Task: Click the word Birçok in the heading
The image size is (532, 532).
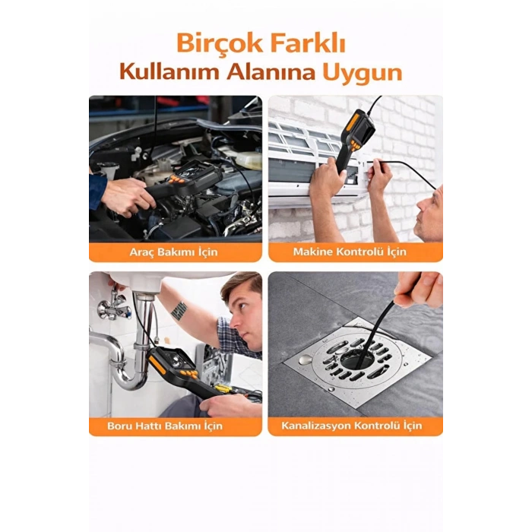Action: point(220,43)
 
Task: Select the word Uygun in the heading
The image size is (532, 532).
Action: point(362,73)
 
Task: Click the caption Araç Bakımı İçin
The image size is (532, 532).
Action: point(174,252)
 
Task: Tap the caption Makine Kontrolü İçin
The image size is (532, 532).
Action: point(350,252)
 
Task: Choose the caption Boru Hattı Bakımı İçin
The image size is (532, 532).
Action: point(165,426)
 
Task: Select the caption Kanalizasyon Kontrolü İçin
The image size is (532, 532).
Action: point(352,426)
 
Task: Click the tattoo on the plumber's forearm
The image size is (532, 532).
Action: point(179,310)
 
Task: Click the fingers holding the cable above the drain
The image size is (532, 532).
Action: point(419,288)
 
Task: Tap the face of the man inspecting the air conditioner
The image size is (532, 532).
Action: point(429,214)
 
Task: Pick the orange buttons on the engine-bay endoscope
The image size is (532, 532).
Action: point(178,179)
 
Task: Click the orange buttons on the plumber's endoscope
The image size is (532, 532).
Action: point(189,374)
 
